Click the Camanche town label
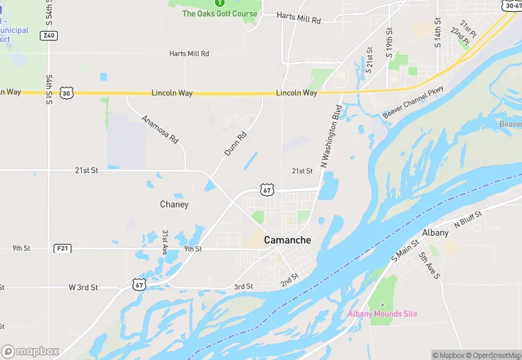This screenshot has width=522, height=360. [287, 240]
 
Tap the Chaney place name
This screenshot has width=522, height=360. [174, 205]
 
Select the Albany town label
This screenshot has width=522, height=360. [435, 233]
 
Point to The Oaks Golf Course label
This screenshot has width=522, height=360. [220, 14]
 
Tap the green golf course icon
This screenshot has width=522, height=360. [220, 3]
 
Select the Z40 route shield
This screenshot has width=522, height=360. [48, 35]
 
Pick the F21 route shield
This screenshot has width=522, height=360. [63, 248]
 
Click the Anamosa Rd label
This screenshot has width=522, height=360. [160, 128]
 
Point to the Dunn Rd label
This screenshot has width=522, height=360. [235, 144]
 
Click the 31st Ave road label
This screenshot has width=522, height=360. [166, 243]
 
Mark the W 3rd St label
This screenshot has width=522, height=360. [83, 286]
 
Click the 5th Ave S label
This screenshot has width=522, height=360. [429, 266]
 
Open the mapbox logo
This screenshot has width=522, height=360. [30, 351]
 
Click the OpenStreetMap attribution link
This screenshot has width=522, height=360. [492, 355]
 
